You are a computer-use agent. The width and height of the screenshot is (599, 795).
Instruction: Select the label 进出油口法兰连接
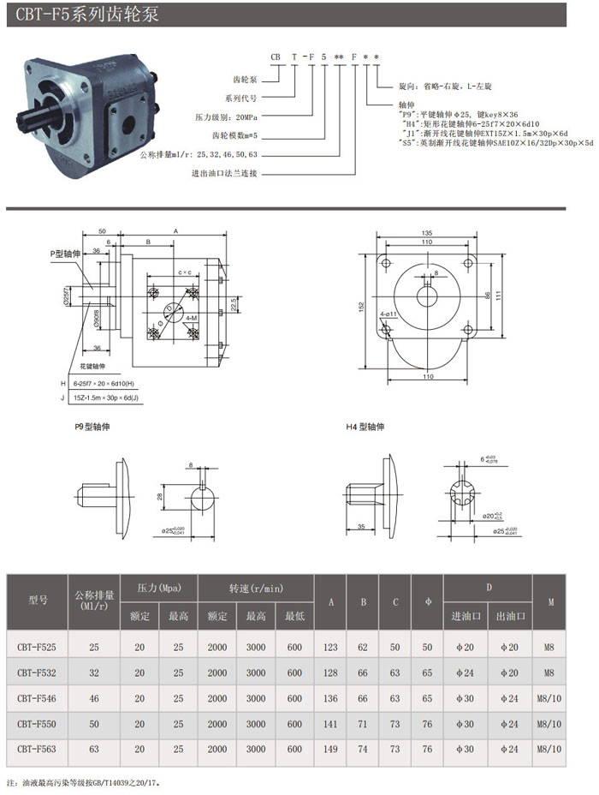point(224,173)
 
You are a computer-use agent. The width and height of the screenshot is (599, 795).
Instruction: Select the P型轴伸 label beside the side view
point(63,254)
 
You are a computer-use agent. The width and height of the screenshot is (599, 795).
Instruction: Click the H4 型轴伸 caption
point(366,426)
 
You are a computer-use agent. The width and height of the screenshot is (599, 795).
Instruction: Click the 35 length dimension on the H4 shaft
point(362,526)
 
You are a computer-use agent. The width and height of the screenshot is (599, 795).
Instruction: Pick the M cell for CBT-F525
point(550,648)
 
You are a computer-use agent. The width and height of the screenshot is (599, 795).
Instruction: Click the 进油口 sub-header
point(466,616)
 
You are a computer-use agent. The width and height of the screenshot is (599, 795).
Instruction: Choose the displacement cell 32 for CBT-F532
point(93,673)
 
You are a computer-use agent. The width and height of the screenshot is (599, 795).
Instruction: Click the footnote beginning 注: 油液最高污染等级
point(83,782)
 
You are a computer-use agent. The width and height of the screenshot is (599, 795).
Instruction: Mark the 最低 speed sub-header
point(294,616)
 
